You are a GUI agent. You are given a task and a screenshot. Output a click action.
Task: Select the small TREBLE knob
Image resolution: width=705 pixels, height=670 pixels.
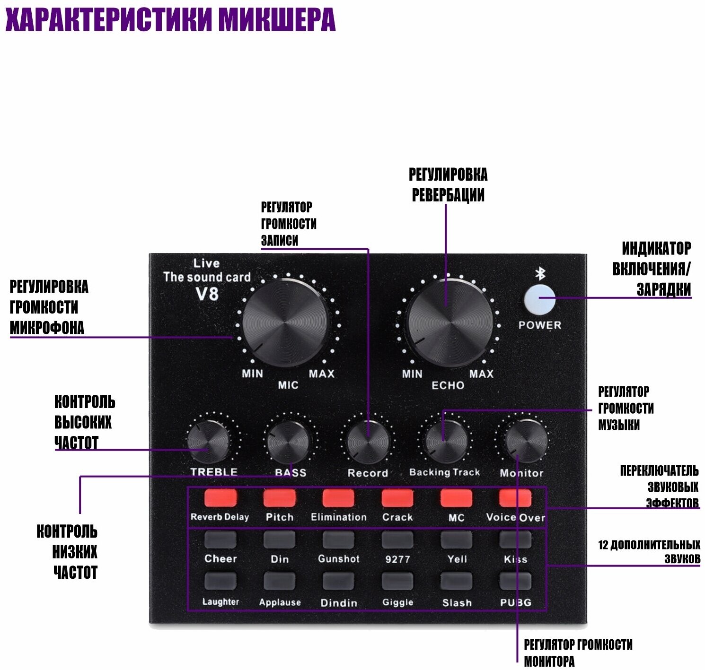(x=208, y=442)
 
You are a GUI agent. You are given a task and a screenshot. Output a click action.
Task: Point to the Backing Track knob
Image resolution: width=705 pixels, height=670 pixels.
(x=446, y=442)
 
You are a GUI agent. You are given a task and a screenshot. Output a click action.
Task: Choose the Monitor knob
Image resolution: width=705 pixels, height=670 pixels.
(x=526, y=442)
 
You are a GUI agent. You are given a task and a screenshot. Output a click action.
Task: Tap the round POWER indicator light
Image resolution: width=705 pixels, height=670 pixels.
(x=540, y=298)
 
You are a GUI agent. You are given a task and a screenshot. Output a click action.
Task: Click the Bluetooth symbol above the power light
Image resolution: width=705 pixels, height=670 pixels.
(x=540, y=274)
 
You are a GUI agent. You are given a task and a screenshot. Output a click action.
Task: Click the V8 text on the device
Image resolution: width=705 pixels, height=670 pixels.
(x=207, y=294)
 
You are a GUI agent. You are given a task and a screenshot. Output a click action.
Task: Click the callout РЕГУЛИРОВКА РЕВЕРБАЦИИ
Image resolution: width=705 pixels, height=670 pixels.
(x=448, y=184)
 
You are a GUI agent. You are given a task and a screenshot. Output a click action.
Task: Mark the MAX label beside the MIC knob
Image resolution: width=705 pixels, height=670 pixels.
(x=322, y=374)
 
